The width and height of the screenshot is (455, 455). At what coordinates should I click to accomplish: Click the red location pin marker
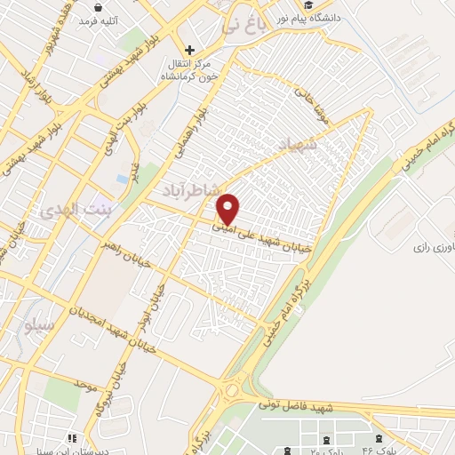tap(228, 209)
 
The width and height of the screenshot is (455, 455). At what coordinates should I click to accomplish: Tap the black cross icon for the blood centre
tap(189, 51)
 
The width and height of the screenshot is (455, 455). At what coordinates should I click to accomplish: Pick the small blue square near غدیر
tap(122, 179)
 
